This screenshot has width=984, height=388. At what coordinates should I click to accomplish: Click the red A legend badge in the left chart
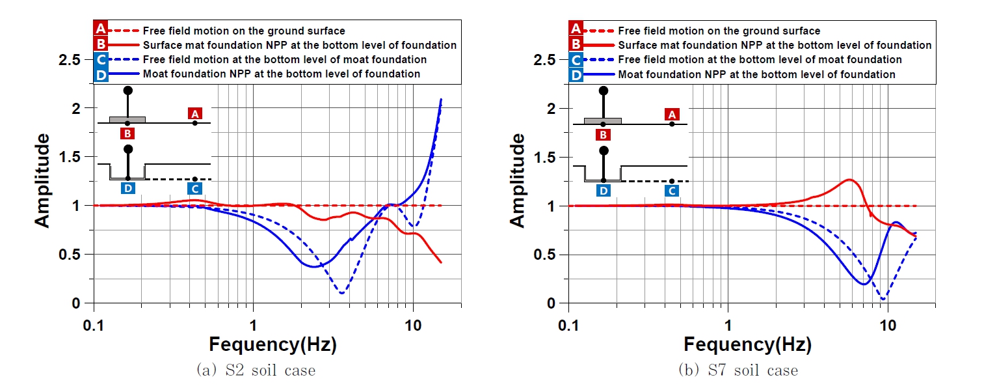pyautogui.click(x=101, y=30)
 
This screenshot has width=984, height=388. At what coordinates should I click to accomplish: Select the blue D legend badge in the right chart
pyautogui.click(x=576, y=74)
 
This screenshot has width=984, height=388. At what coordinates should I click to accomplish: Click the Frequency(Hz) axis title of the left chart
pyautogui.click(x=273, y=344)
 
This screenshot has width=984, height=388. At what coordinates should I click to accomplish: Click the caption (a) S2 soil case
pyautogui.click(x=256, y=370)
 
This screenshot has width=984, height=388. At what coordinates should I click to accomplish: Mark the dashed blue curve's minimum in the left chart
pyautogui.click(x=342, y=293)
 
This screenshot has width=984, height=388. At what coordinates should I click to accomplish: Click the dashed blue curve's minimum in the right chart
pyautogui.click(x=883, y=299)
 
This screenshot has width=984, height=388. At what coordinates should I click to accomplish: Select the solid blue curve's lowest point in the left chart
pyautogui.click(x=314, y=266)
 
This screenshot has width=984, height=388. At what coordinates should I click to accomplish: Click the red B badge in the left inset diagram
pyautogui.click(x=128, y=133)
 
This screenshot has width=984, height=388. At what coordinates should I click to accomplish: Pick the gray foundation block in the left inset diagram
pyautogui.click(x=127, y=120)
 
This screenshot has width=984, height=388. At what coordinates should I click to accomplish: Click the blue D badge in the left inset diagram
pyautogui.click(x=128, y=189)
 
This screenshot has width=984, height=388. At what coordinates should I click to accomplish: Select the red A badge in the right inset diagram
pyautogui.click(x=672, y=114)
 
